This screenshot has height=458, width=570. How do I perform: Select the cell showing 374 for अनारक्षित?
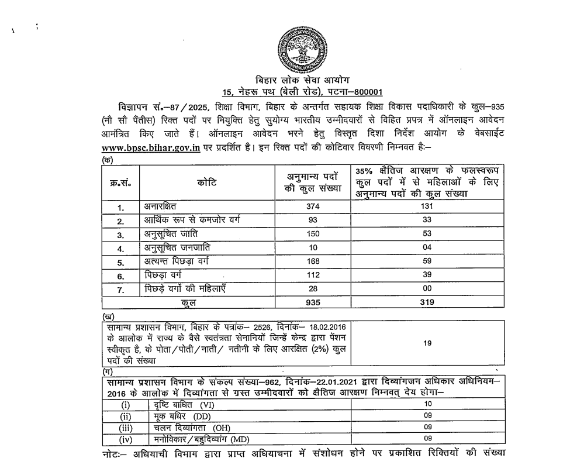tap(313, 206)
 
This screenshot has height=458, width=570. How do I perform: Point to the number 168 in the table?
tap(313, 261)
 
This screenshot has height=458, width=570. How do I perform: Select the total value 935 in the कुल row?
tap(313, 302)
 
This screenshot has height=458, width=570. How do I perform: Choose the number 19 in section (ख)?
tap(428, 343)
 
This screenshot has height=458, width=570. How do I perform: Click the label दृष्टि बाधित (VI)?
tap(183, 405)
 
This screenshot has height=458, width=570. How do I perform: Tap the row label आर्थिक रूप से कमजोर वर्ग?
tap(192, 220)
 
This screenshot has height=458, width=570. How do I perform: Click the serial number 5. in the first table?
tap(120, 261)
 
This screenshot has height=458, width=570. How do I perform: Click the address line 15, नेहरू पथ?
tap(302, 92)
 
